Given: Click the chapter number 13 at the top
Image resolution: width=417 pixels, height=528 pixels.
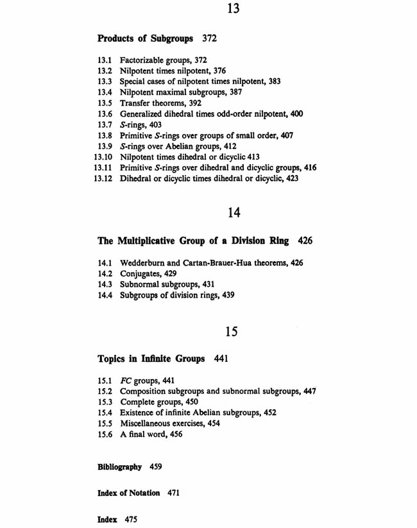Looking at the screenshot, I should (x=232, y=10).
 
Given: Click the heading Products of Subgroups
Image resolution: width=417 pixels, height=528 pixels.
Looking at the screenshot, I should (x=145, y=38).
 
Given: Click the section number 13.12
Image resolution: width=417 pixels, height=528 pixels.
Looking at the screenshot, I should (x=103, y=179).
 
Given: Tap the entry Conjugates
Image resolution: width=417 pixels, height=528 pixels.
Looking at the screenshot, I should (x=141, y=273).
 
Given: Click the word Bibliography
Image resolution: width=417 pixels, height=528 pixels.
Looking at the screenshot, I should (x=119, y=467).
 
